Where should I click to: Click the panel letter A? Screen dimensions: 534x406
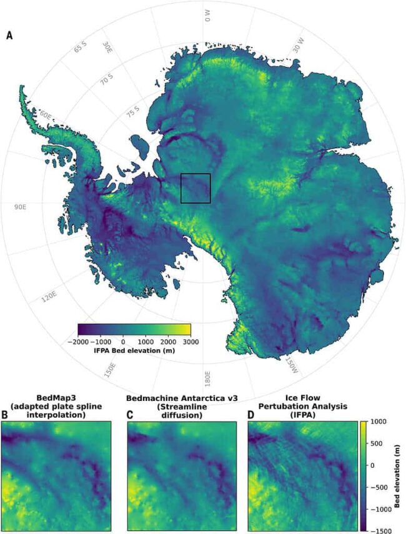click(x=9, y=36)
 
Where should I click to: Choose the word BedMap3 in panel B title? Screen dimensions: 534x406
click(x=55, y=398)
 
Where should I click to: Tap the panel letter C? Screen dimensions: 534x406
click(x=131, y=413)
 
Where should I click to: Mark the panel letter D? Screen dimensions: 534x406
click(x=251, y=413)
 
